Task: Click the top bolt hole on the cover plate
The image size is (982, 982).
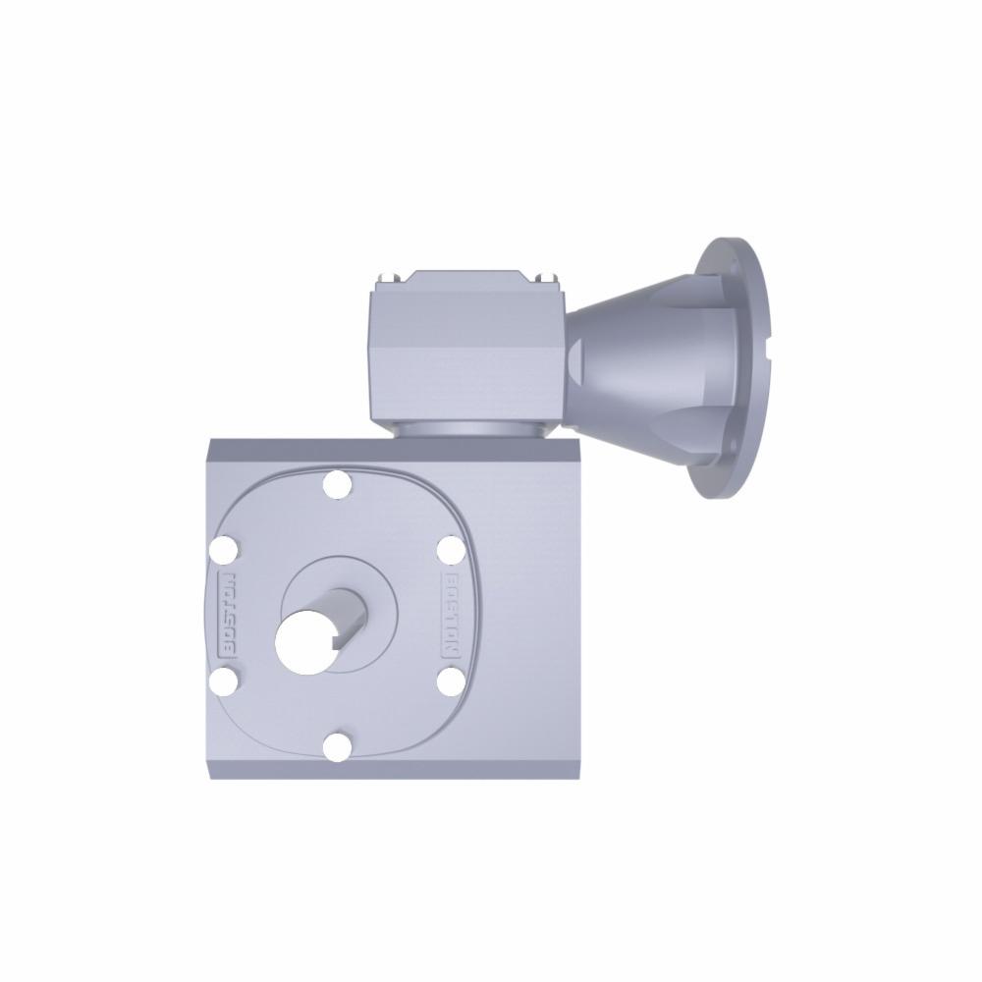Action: [x=337, y=484]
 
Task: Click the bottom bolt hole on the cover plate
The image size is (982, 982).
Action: [x=337, y=746]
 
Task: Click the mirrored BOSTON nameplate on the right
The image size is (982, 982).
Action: [x=450, y=616]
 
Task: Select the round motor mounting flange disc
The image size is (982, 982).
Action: [x=736, y=368]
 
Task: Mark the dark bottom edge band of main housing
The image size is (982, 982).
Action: [x=393, y=770]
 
